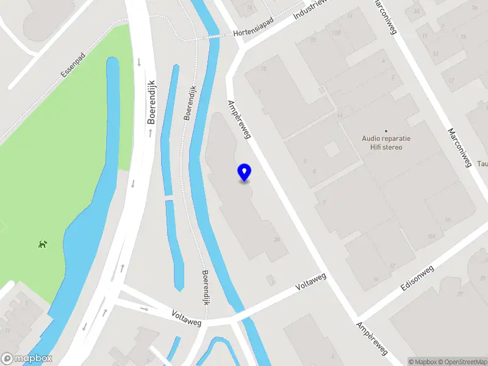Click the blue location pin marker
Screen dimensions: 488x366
click(x=244, y=172)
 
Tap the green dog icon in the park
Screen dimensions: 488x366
click(x=43, y=245)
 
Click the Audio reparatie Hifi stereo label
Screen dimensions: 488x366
click(x=386, y=143)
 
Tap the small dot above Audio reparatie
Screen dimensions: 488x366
click(x=386, y=131)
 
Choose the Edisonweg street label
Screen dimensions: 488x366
click(x=417, y=278)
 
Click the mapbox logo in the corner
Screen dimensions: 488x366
click(x=27, y=359)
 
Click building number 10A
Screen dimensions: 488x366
click(x=432, y=236)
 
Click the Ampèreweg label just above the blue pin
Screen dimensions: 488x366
click(x=239, y=119)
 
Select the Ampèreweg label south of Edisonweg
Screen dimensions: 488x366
click(x=372, y=339)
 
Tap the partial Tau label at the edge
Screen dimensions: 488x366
click(x=482, y=163)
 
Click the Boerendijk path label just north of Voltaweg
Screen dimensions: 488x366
click(x=207, y=288)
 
